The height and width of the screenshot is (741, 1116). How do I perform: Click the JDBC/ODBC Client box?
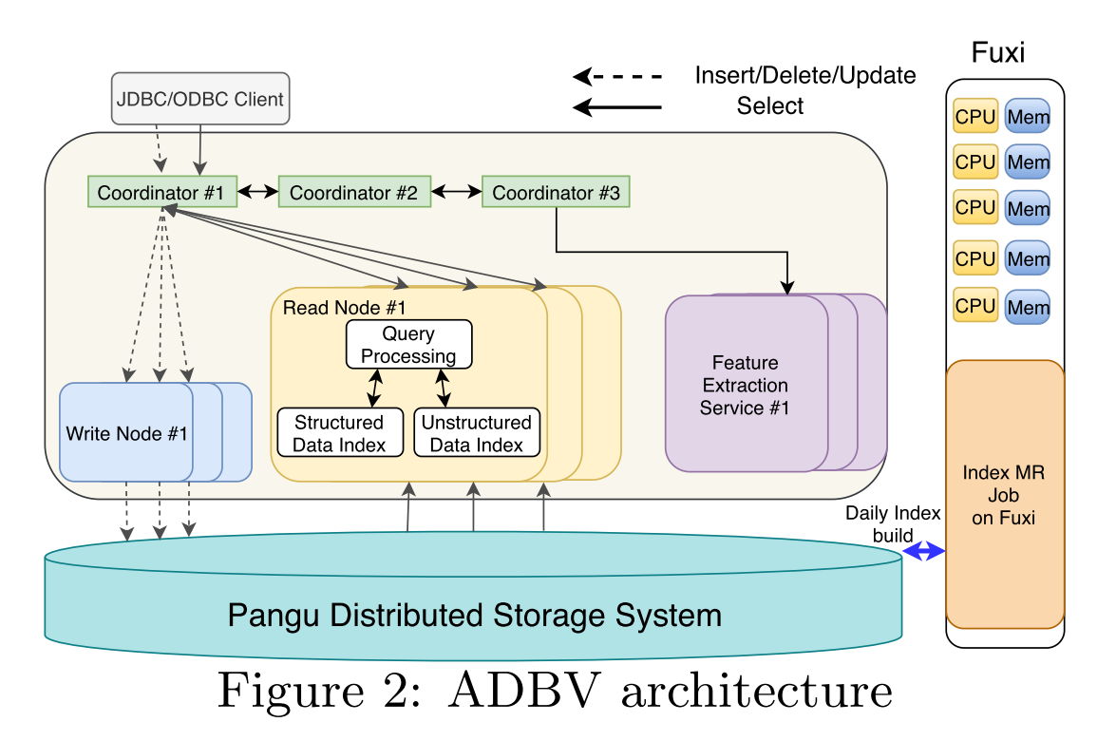(x=199, y=98)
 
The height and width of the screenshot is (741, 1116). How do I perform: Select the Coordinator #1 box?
(x=161, y=193)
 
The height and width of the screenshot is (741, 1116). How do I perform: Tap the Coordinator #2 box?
(x=353, y=193)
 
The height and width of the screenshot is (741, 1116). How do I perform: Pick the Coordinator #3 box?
(x=556, y=193)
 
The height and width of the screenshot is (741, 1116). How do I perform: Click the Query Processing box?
(x=408, y=345)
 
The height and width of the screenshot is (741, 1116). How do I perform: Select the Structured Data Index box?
(x=339, y=433)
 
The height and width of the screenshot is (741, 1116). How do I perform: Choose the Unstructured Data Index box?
(x=477, y=433)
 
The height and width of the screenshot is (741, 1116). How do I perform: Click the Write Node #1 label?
(x=126, y=434)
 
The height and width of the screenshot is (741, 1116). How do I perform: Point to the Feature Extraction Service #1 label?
(x=746, y=386)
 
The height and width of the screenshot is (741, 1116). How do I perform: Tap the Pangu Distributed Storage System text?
(x=474, y=615)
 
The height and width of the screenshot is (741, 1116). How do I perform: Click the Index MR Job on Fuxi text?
(x=1004, y=495)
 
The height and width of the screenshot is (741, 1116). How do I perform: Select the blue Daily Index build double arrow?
(x=923, y=552)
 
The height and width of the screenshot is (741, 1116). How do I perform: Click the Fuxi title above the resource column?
(x=998, y=52)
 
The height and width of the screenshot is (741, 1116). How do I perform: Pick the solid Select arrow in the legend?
(x=617, y=106)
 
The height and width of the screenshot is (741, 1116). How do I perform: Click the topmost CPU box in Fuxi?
(x=974, y=116)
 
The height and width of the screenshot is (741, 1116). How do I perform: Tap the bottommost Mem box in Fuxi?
(x=1029, y=307)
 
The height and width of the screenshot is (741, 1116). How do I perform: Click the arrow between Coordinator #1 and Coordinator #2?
(x=256, y=193)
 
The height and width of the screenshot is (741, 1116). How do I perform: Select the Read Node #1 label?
(x=344, y=308)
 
